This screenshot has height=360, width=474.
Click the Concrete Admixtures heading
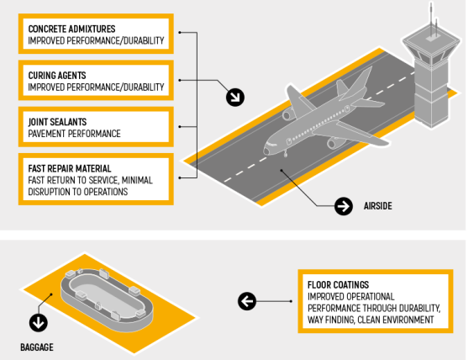71,29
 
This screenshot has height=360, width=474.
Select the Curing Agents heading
57,76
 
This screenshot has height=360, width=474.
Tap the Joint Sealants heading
57,122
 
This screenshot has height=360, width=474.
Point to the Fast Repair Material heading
70,168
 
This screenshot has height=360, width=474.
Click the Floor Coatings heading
338,284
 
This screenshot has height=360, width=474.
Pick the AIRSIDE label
378,206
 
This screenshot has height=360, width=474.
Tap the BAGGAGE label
37,347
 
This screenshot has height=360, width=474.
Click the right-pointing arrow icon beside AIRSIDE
344,206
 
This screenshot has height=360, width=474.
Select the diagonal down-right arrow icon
235,97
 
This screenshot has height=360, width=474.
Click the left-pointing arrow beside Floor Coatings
247,301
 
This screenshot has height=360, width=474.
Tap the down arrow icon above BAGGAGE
39,323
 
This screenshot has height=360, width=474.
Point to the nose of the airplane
266,151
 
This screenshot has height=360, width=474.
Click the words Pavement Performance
74,134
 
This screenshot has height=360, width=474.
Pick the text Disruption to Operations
77,192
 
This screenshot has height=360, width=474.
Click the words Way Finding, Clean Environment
371,320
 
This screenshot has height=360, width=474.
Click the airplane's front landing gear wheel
285,155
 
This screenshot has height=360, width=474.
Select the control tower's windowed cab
431,53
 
